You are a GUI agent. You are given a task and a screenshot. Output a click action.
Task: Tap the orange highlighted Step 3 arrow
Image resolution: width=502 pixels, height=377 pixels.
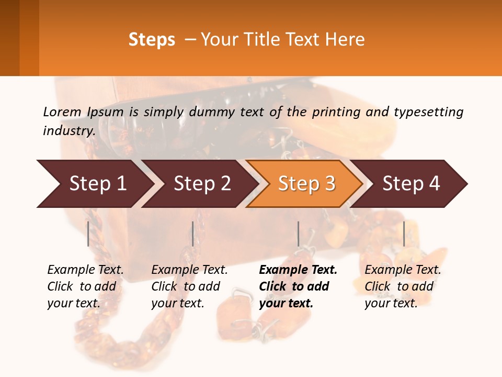point(306,184)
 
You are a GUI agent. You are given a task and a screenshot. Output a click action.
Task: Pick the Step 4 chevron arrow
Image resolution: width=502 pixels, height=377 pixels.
point(410,184)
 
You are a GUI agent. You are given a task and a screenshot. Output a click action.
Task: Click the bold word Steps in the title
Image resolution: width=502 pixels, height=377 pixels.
point(152,40)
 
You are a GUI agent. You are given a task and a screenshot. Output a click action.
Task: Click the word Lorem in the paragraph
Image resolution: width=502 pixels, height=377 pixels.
point(62,112)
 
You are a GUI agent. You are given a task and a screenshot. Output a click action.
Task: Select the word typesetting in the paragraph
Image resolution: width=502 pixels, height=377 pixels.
point(428,112)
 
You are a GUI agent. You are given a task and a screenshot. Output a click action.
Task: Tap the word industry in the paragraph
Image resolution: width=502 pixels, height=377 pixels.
point(69,130)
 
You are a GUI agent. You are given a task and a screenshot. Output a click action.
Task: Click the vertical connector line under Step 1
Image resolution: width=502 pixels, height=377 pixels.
point(88,234)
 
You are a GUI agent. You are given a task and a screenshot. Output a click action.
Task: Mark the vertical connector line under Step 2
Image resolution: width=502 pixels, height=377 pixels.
point(193,234)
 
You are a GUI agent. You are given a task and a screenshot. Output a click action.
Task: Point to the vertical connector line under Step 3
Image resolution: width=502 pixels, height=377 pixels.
point(298,234)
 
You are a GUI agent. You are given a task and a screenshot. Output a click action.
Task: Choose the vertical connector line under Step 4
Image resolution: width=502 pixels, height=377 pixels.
point(404,234)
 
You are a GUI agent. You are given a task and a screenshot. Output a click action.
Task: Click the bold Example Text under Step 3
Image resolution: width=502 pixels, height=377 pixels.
point(298,270)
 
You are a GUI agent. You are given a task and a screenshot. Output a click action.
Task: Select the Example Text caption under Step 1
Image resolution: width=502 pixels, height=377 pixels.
point(85,270)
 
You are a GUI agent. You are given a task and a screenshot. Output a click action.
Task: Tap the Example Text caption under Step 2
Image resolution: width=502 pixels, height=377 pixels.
point(189,270)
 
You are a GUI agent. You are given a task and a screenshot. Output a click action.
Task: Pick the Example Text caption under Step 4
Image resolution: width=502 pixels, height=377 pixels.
point(403,270)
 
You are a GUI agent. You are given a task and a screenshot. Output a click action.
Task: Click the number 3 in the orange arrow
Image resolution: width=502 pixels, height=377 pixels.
point(329,184)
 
